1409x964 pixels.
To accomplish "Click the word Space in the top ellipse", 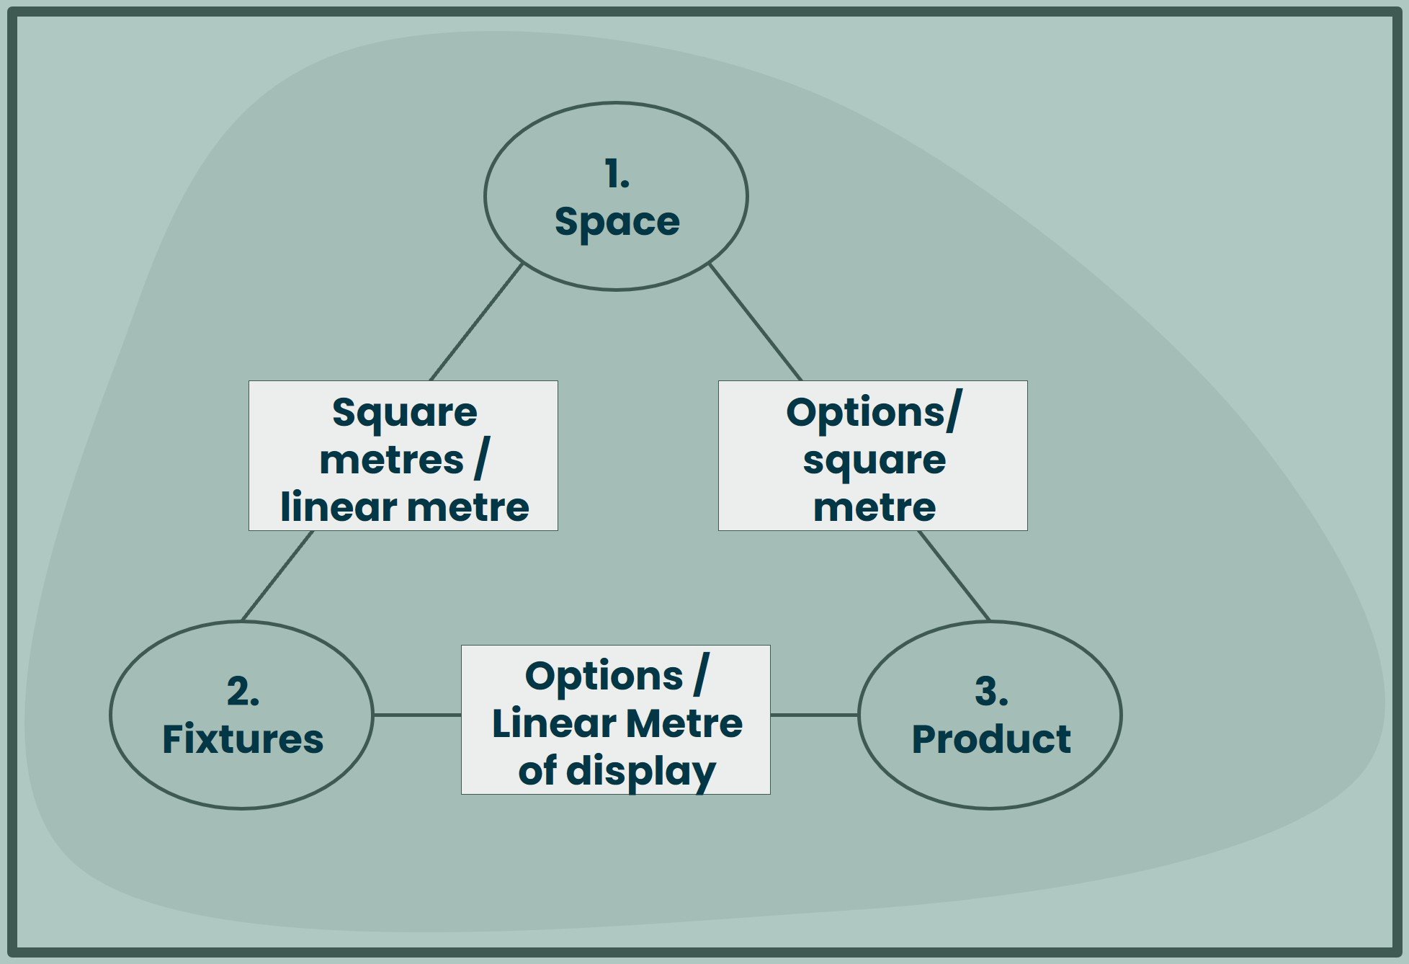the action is (617, 223).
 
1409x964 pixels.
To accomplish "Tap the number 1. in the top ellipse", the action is (617, 174).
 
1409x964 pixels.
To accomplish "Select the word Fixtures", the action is (243, 739).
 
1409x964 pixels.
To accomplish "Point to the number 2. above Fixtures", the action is (243, 692).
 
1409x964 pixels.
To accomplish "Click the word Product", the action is (991, 739).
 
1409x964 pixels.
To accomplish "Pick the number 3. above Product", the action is (991, 692).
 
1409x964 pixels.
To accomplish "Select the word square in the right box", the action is (874, 462).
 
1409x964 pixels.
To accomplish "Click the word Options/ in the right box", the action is (874, 413).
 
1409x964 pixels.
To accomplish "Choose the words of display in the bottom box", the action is (617, 772).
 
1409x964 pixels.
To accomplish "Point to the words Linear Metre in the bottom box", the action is (617, 723).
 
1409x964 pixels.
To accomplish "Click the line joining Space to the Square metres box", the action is (476, 322).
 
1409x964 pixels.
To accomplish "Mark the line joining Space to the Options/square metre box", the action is (756, 322).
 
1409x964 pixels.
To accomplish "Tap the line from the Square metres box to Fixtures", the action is (277, 576).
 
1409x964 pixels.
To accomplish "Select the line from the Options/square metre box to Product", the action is (954, 576).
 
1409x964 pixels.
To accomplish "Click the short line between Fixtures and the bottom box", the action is (417, 715).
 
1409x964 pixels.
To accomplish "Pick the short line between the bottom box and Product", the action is (815, 715).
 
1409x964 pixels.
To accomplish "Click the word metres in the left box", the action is (392, 461).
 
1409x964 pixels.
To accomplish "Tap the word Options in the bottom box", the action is (604, 678).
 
